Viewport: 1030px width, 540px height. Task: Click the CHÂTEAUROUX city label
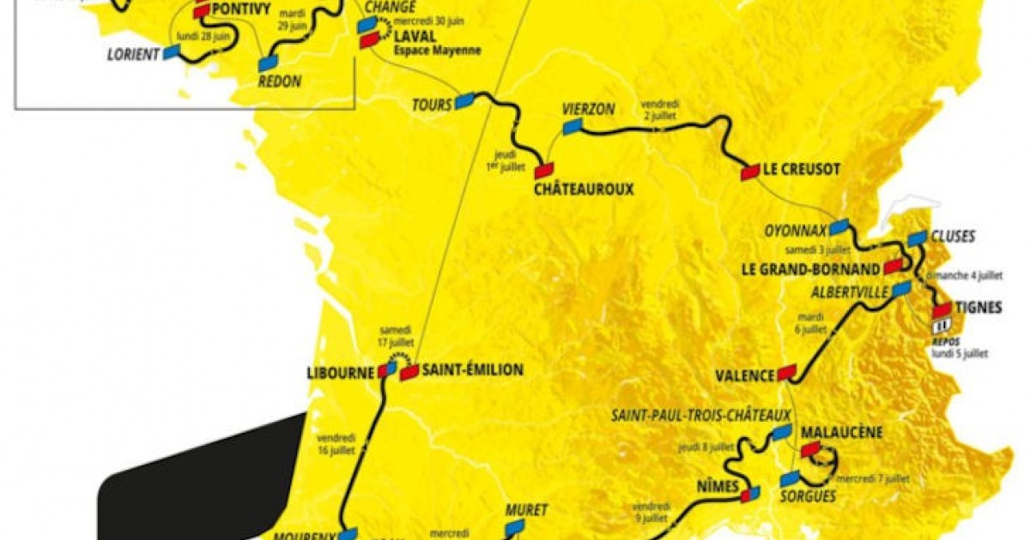click(x=583, y=189)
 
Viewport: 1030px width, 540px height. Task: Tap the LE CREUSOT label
click(x=802, y=170)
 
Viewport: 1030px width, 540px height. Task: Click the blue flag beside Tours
click(x=465, y=100)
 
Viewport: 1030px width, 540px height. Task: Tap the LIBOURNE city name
click(x=341, y=374)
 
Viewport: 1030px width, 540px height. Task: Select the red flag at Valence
click(x=786, y=373)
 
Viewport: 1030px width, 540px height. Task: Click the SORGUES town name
click(x=808, y=495)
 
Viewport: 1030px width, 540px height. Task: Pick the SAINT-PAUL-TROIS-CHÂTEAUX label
click(x=700, y=416)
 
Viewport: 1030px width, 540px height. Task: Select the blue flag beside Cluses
click(x=918, y=237)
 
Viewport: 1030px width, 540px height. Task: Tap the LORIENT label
click(x=133, y=54)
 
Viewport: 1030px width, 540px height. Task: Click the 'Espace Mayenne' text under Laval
click(x=438, y=51)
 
